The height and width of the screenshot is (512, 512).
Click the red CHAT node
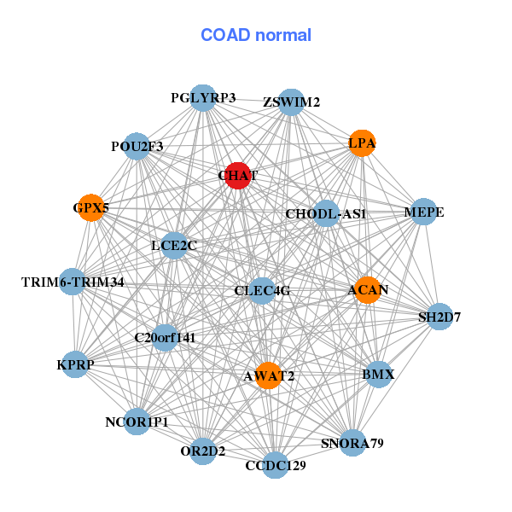237,175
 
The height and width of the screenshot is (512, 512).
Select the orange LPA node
363,143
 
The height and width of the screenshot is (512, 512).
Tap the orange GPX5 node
90,207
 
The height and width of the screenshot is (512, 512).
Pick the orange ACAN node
368,290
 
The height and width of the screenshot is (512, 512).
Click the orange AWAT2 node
269,375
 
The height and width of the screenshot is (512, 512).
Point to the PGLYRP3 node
202,98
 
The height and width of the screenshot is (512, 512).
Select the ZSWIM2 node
292,102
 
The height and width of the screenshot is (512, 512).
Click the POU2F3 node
137,147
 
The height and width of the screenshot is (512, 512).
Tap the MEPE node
424,212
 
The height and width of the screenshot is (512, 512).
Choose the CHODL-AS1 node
325,213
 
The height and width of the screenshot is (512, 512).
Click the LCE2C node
174,246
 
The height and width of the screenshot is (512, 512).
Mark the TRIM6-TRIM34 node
73,282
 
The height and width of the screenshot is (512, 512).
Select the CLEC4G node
262,291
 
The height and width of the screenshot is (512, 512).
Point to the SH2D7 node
439,317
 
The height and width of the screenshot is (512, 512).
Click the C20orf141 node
165,337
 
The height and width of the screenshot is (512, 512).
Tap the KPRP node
75,364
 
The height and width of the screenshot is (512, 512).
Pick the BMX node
378,374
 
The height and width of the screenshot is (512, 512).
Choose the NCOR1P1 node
137,422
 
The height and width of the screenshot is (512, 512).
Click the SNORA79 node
352,443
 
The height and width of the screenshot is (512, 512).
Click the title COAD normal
256,35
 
